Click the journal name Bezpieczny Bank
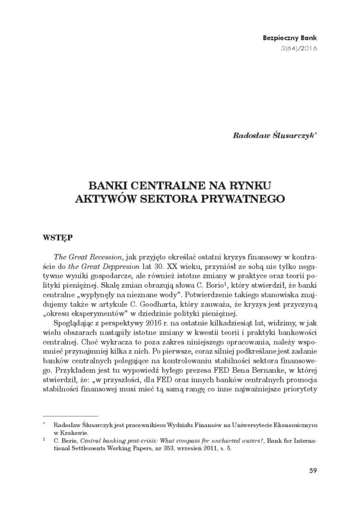coord(292,38)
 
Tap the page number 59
coord(311,471)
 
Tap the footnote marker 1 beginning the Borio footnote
coord(44,439)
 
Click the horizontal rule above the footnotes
coord(70,414)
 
